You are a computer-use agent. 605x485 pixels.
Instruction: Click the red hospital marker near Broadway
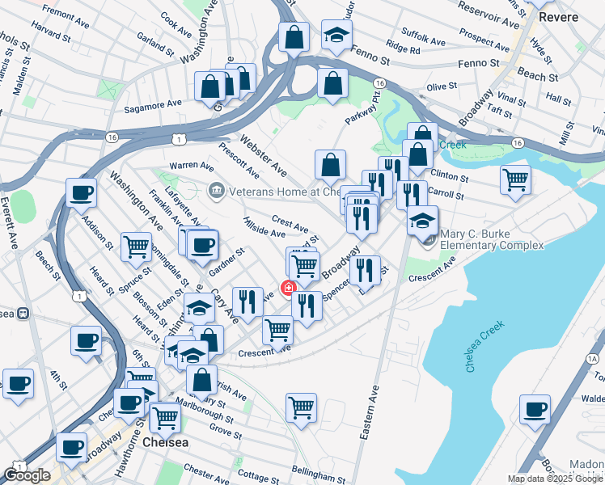[x=287, y=288]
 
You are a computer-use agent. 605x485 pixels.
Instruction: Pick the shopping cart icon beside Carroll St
[x=515, y=179]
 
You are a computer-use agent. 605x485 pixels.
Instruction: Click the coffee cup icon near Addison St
[x=82, y=193]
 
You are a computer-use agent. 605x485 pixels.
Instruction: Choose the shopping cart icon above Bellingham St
[x=301, y=406]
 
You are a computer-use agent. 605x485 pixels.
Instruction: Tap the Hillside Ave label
[x=263, y=227]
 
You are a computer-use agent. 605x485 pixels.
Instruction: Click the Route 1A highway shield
[x=593, y=358]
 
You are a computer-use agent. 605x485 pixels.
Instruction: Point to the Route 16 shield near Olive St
[x=379, y=83]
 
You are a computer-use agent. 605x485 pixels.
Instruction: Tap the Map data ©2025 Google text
[x=555, y=479]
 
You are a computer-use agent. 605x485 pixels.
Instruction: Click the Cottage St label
[x=259, y=477]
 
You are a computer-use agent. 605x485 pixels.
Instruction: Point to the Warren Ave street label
[x=192, y=165]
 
